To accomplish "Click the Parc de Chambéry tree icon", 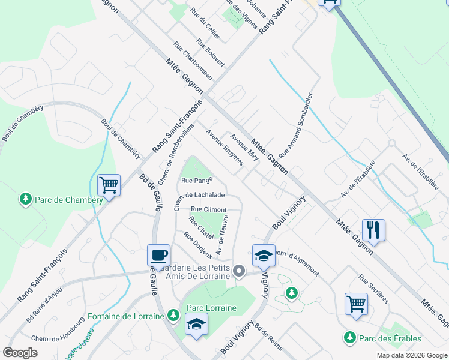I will coord(25,199).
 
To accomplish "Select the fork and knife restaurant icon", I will coord(373,229).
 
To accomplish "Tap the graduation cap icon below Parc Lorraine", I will coord(196,325).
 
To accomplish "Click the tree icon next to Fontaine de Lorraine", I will coord(173,314).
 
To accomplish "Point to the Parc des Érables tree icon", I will coord(350,338).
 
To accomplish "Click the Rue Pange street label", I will coord(194,180).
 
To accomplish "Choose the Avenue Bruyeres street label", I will coord(224,148).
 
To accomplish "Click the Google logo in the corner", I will coord(20,353).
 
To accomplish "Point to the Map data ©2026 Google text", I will coord(411,355).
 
